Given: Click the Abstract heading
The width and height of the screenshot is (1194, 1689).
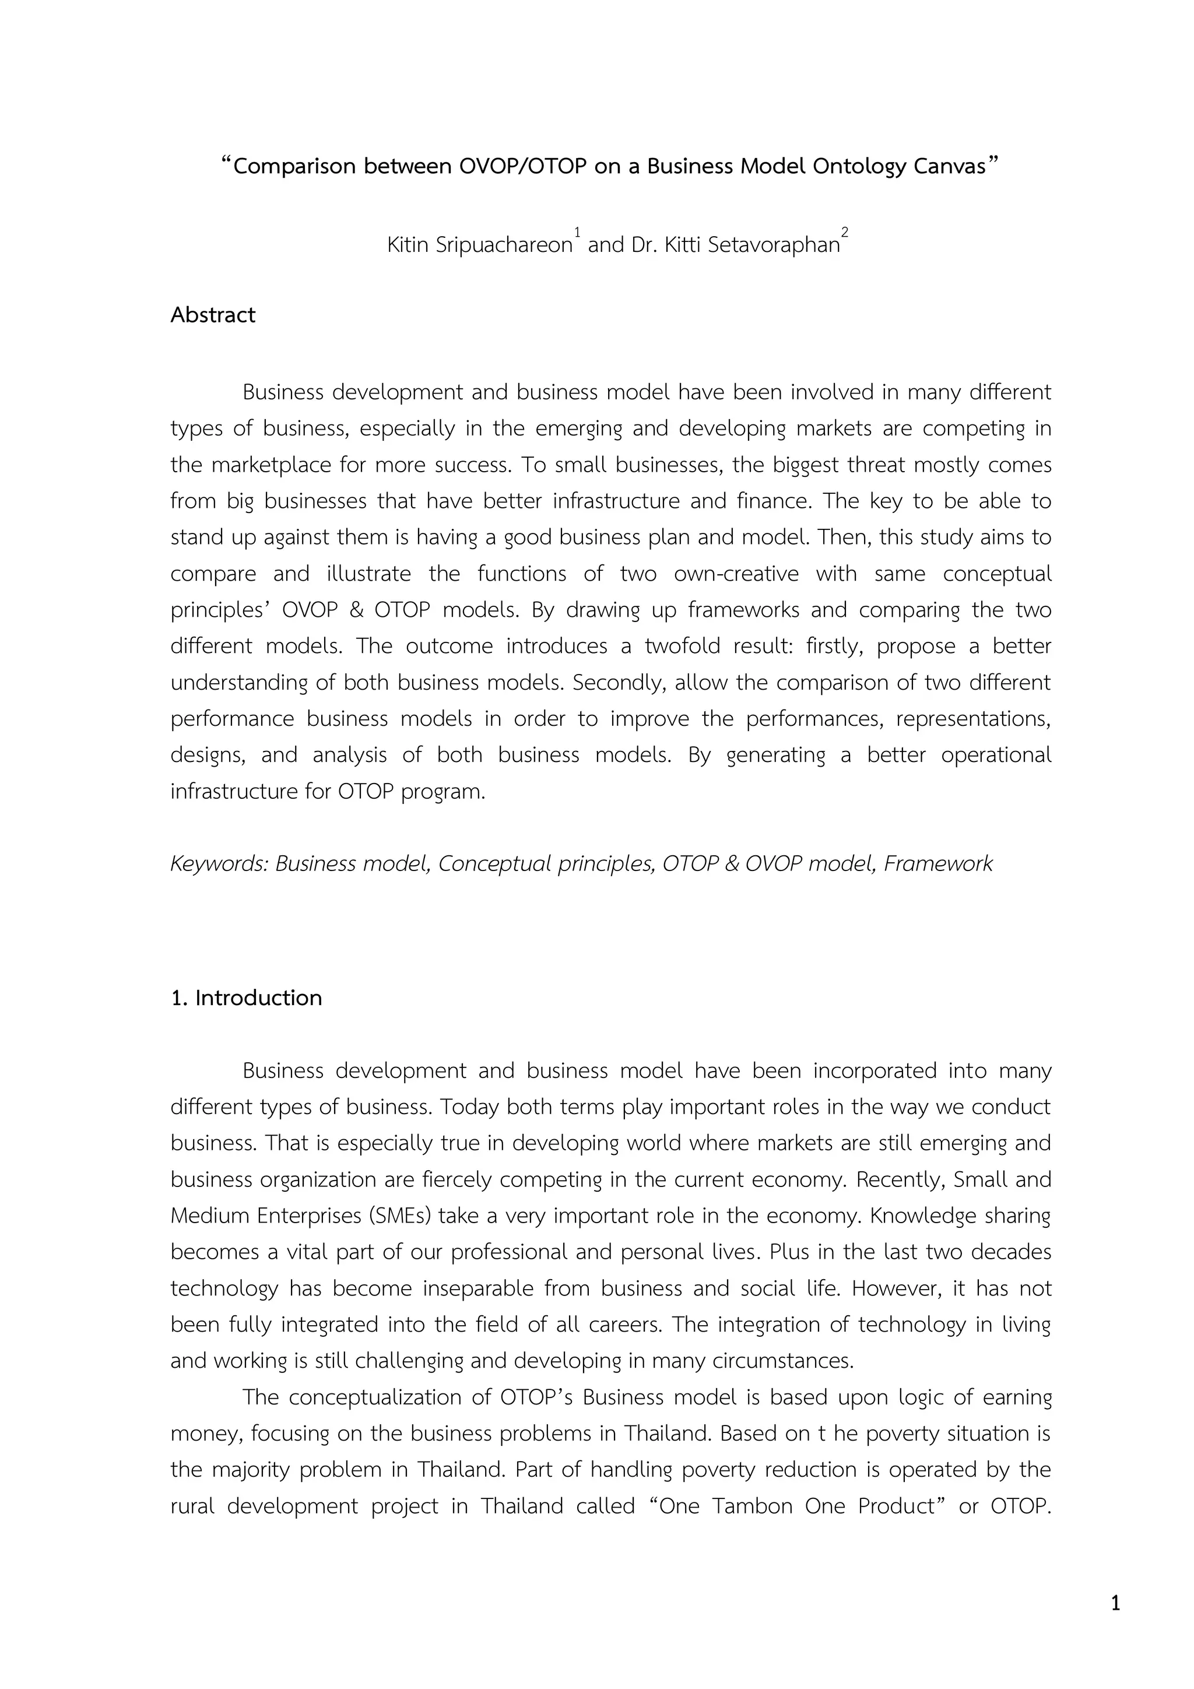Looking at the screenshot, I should click(213, 315).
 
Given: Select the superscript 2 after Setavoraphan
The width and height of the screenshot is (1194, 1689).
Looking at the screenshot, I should click(845, 233).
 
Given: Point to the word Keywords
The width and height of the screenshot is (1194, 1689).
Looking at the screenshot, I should click(219, 863).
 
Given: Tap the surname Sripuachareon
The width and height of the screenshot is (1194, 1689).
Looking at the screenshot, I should click(504, 245).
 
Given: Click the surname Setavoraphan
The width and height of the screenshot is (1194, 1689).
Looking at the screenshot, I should click(774, 245).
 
